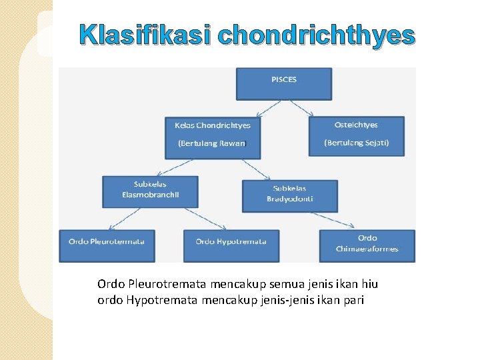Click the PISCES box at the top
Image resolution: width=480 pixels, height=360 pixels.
click(284, 83)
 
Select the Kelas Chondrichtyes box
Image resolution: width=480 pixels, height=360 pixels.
click(213, 137)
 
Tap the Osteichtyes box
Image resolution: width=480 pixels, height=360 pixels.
click(356, 136)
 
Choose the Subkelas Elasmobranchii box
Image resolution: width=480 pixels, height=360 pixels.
click(150, 191)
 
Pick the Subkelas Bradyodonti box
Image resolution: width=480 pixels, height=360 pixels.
click(289, 195)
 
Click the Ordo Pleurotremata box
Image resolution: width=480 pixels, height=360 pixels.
click(107, 246)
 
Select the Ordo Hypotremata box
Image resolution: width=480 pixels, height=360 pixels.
click(231, 246)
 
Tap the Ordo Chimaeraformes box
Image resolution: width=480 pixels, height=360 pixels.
click(367, 246)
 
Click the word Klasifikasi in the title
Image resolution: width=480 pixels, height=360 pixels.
click(145, 37)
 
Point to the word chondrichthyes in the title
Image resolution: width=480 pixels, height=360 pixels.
click(315, 37)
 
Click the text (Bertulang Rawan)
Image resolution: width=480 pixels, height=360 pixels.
click(212, 143)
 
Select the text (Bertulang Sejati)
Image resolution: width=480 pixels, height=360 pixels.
click(356, 143)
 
